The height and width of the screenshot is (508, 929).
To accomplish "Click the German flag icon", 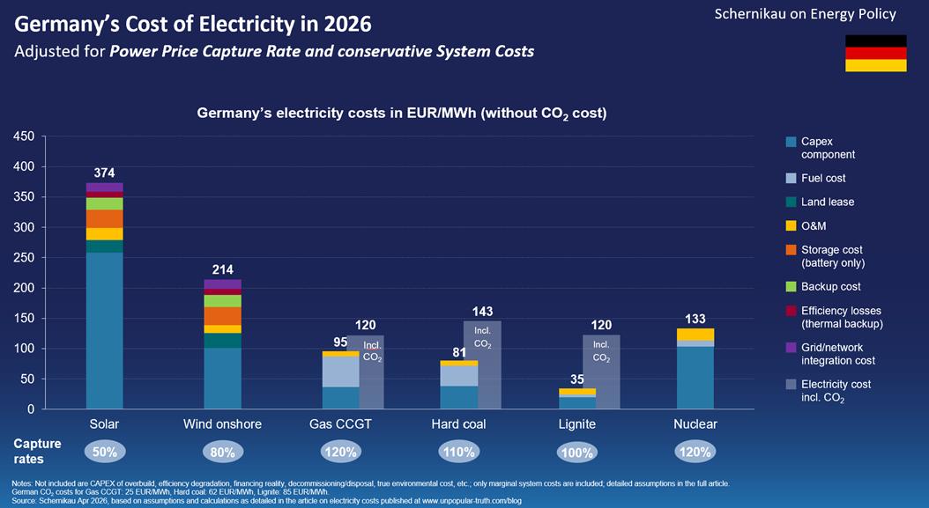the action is pos(876,54).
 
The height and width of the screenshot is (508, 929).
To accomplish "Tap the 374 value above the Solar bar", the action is pos(104,173).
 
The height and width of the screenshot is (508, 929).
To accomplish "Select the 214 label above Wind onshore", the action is pos(223,270).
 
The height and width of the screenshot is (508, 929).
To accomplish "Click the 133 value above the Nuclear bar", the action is pos(695,319).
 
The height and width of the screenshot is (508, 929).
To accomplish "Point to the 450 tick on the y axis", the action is pos(24,136).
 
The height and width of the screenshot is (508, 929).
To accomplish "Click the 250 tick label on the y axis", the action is pos(24,258).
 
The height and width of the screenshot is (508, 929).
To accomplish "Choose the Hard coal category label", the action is pos(458,424).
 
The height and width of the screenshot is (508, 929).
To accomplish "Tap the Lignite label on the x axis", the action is pos(577,424).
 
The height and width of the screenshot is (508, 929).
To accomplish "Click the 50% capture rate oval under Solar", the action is pos(105,453).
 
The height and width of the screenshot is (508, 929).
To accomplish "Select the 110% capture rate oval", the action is pos(459,453).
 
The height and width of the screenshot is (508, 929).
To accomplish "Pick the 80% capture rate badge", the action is pos(223,453).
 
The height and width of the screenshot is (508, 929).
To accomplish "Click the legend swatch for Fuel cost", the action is pos(791,178).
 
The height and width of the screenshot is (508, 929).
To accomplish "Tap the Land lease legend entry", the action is pos(820,202).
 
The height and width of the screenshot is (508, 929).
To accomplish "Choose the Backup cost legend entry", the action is pos(823,286).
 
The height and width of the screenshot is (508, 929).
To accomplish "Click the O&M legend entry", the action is pos(806,226).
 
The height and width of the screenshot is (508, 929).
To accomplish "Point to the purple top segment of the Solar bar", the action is pos(104,188).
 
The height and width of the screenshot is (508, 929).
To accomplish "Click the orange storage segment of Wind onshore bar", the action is pos(223,316).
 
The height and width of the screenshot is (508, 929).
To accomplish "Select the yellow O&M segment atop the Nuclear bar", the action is pos(695,335).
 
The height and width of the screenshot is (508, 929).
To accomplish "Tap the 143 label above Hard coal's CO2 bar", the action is pos(482,312).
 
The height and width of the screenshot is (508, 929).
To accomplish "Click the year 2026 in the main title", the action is pos(348,25).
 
